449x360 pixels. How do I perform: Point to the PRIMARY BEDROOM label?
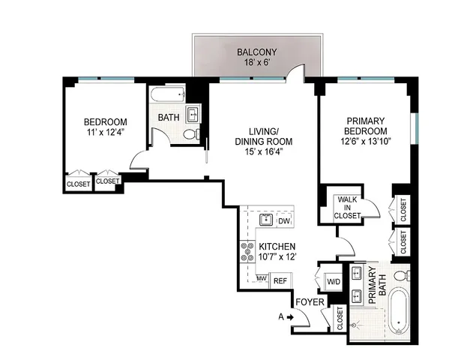(367, 125)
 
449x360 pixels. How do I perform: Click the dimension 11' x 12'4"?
(105, 133)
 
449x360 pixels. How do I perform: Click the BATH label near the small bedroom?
(167, 118)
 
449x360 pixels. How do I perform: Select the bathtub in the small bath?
(166, 96)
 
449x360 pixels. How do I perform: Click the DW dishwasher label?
(283, 221)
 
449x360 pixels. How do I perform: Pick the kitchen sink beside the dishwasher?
(265, 220)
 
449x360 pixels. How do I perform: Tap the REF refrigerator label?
(280, 280)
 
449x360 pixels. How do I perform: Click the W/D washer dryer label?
(333, 282)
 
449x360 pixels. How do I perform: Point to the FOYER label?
(309, 301)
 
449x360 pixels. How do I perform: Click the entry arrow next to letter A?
(290, 317)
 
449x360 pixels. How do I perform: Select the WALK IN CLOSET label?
(347, 208)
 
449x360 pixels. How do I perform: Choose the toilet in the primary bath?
(403, 272)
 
